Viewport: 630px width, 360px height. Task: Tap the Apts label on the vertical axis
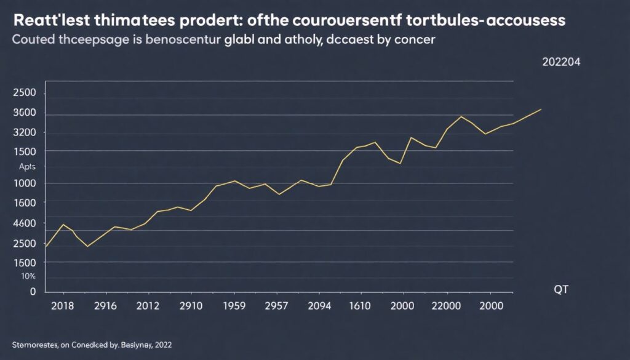tap(27, 167)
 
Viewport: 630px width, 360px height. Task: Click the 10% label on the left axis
tap(28, 276)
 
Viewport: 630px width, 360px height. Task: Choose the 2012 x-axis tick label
tap(148, 306)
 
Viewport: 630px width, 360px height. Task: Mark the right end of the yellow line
tap(541, 109)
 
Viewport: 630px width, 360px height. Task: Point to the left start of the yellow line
tap(47, 246)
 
